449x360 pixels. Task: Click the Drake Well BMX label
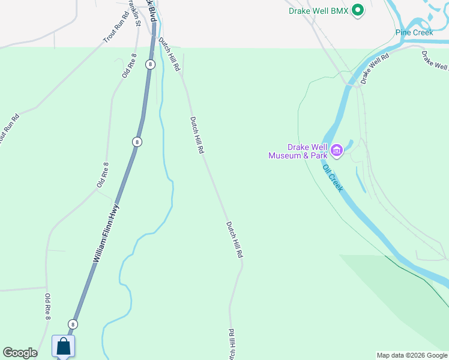(x=318, y=11)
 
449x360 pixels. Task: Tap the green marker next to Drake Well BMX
(x=358, y=10)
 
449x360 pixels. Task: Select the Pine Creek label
(x=414, y=32)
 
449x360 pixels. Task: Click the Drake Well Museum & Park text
(x=298, y=151)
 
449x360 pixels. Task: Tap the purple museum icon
(x=337, y=150)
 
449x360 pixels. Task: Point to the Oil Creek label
(x=333, y=178)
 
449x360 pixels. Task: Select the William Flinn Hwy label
(x=106, y=234)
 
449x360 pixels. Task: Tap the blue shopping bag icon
(x=64, y=347)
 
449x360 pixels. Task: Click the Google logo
(x=20, y=353)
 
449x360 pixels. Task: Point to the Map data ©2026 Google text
(x=412, y=355)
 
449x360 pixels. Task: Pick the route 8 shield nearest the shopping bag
(x=73, y=324)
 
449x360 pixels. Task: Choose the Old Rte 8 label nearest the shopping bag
(x=47, y=307)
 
